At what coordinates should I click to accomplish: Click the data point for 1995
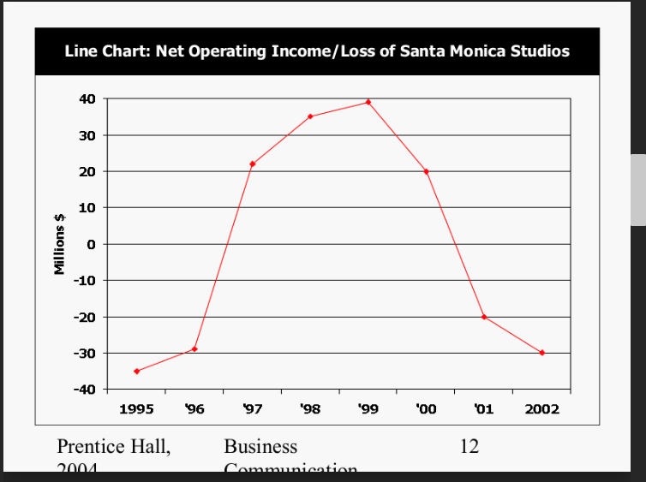coord(137,371)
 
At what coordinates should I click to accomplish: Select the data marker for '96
coord(194,349)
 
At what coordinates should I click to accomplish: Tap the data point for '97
coord(253,164)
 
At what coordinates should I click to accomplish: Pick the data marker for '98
coord(310,116)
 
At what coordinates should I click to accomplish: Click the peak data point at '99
coord(368,102)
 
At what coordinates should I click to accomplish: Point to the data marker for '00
coord(426,171)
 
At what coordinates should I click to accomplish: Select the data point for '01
coord(484,317)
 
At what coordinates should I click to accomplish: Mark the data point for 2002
coord(541,353)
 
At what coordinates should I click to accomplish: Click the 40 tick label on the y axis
coord(87,98)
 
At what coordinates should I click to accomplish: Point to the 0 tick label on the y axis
coord(91,244)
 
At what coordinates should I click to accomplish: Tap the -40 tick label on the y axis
coord(84,390)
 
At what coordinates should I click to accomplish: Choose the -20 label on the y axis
coord(84,317)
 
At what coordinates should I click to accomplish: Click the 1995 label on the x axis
coord(137,409)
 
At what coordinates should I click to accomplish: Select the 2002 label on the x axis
coord(541,409)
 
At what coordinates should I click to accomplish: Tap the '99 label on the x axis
coord(368,409)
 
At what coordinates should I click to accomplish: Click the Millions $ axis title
coord(60,244)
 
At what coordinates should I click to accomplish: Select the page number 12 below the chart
coord(469,447)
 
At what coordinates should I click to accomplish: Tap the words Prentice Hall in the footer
coord(113,447)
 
